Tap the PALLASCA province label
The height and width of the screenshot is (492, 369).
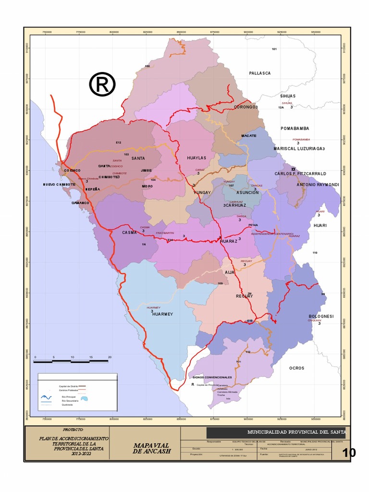tap(260, 73)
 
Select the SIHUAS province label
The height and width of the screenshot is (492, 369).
tap(288, 96)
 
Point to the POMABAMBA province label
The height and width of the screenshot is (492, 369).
tap(295, 128)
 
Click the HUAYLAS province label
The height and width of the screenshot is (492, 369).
tap(196, 158)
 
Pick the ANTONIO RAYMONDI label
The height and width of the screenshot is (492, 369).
tap(318, 184)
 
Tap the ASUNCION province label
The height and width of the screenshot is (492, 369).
tap(247, 193)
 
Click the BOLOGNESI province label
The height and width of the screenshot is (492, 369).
tap(320, 316)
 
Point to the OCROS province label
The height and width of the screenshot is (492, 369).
tap(296, 368)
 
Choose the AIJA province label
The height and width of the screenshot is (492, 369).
tap(230, 272)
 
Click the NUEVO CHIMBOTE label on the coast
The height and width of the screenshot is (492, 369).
tap(59, 184)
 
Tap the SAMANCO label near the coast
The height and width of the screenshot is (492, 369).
tap(81, 203)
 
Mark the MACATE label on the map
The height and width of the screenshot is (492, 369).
tap(248, 135)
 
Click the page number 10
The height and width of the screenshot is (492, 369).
tap(349, 453)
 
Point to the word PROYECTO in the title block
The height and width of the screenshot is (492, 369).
tap(74, 429)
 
